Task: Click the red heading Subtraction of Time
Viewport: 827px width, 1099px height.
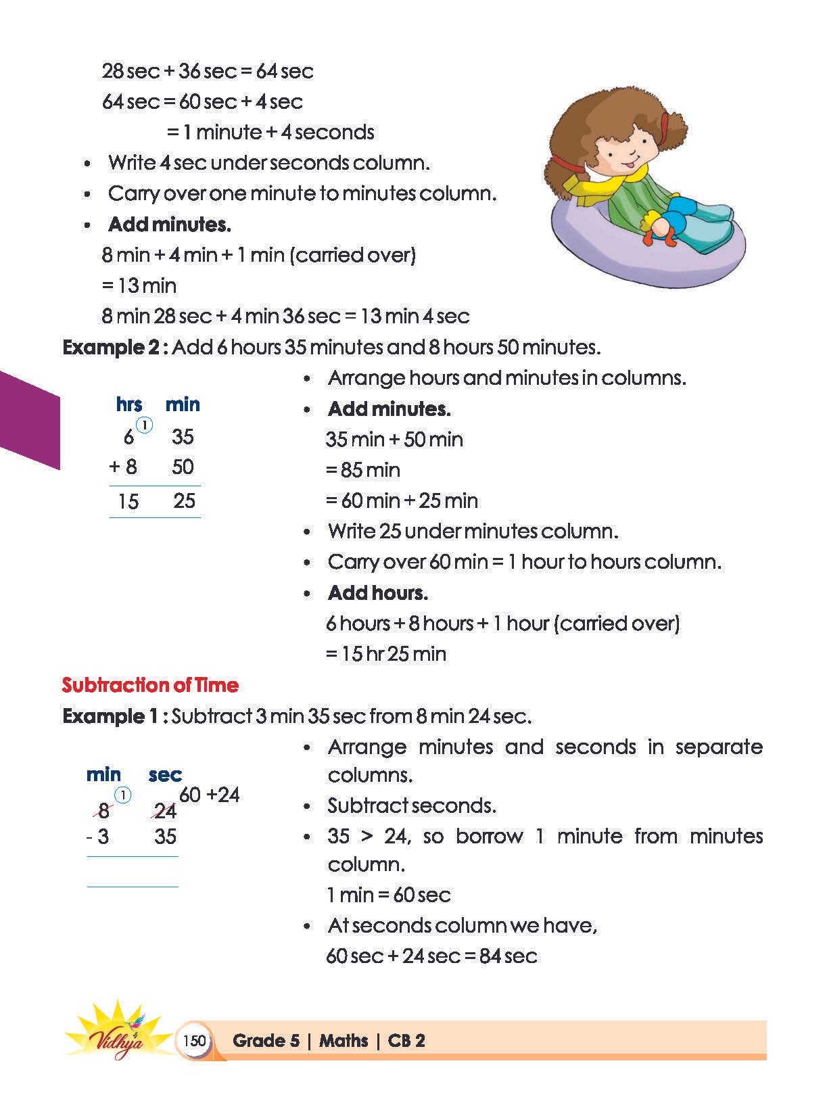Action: tap(150, 685)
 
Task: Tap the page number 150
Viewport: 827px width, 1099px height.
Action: tap(194, 1040)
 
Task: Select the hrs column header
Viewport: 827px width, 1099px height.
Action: tap(129, 404)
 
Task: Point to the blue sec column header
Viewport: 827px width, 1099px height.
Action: tap(165, 774)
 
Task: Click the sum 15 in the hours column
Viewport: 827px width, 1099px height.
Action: tap(128, 501)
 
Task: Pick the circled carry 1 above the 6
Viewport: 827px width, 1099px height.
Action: tap(144, 425)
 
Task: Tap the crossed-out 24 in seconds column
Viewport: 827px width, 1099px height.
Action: tap(164, 810)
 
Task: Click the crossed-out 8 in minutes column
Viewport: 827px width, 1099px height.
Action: tap(103, 810)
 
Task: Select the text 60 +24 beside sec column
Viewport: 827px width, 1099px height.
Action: tap(210, 795)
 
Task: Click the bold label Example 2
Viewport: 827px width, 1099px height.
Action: tap(112, 348)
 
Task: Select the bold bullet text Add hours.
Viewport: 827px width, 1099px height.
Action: tap(377, 593)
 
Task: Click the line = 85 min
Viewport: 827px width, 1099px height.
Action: tap(363, 470)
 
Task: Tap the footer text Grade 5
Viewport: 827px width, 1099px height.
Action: tap(266, 1040)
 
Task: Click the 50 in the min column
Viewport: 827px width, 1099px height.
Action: tap(183, 467)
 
